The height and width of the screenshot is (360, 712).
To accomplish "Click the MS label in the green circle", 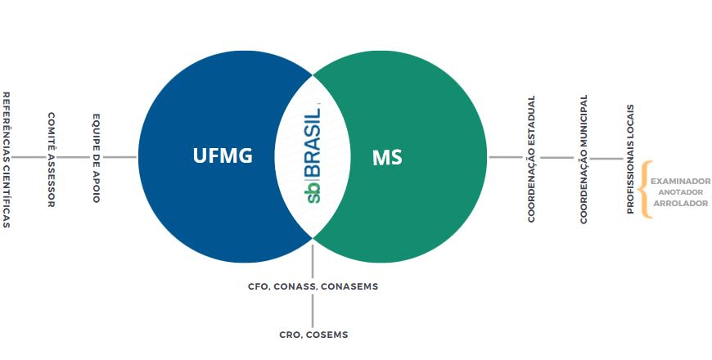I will click(387, 157).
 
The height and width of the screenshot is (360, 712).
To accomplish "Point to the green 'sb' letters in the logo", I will click(313, 193).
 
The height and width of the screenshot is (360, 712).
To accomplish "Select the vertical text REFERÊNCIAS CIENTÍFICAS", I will click(7, 159).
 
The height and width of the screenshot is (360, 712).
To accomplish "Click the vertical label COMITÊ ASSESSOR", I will click(51, 160).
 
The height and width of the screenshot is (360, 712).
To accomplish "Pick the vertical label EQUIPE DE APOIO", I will click(96, 158).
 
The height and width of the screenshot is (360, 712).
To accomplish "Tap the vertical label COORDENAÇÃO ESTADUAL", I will click(531, 159).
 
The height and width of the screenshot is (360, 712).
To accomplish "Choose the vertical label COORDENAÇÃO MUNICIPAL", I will click(584, 159).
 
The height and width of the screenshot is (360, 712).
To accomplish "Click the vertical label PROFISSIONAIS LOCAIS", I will click(630, 159).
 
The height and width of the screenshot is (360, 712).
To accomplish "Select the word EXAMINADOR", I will click(680, 181).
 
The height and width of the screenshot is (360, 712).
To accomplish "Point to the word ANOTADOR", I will click(680, 192).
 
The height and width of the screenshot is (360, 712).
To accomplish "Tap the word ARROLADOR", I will click(680, 203).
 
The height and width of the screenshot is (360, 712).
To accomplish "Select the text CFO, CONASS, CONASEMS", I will click(313, 287).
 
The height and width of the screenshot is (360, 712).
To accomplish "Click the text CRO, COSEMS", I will click(313, 335).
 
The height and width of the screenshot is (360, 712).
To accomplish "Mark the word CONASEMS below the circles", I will click(351, 287).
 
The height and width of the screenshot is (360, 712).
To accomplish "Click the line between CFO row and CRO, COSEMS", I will click(313, 311).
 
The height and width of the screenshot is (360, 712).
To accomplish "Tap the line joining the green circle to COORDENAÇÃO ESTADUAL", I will click(507, 157).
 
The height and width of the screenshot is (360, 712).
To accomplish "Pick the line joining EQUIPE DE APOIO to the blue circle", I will click(120, 157).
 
